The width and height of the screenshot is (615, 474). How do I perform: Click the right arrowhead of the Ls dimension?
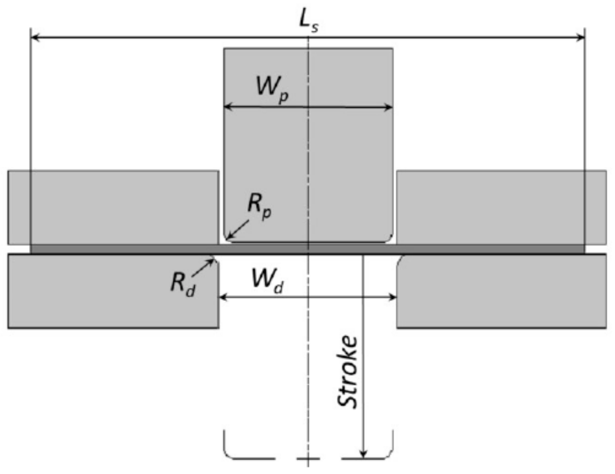(x=581, y=38)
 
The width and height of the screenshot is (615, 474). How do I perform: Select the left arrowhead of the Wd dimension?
(x=223, y=297)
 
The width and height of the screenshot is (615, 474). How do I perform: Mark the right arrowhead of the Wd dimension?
(x=393, y=297)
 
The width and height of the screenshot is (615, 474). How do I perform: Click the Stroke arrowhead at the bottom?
(x=364, y=454)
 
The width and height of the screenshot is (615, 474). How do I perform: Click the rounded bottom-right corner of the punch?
(x=389, y=239)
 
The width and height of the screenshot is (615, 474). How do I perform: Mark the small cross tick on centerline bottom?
(x=308, y=458)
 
